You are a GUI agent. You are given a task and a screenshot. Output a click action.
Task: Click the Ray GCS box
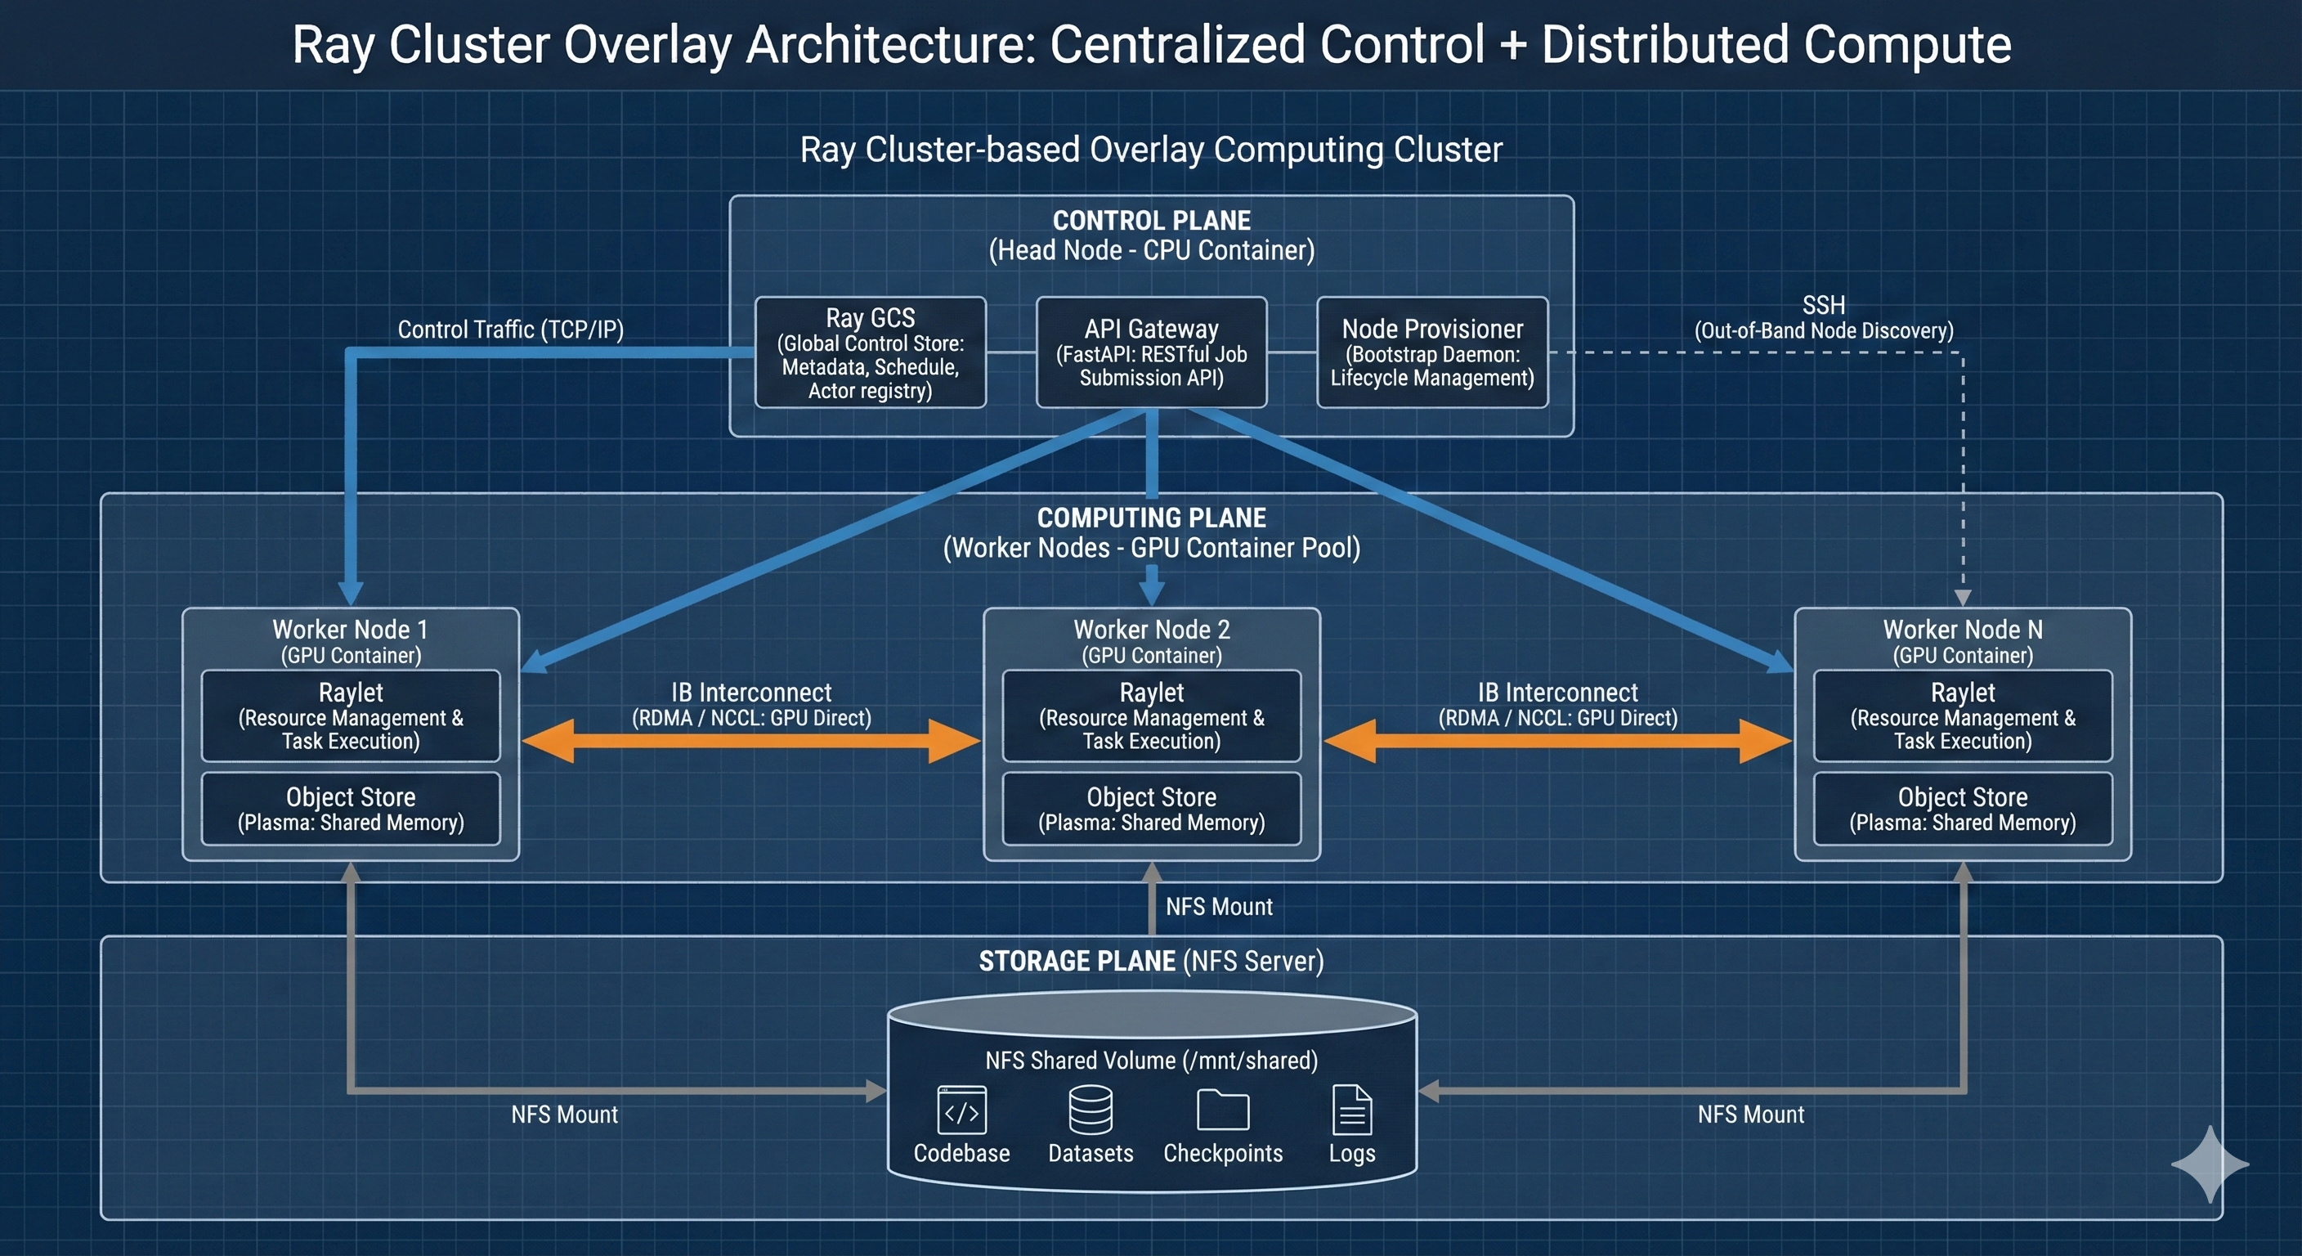click(x=871, y=352)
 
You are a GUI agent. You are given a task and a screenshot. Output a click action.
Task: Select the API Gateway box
click(x=1151, y=352)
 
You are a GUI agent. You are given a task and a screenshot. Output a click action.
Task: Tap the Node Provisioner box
click(x=1431, y=352)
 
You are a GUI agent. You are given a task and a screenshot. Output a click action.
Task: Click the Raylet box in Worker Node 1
click(x=351, y=715)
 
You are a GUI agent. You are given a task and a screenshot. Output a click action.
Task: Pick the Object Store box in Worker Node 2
click(x=1151, y=808)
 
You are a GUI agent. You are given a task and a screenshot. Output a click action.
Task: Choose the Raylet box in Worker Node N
click(x=1963, y=715)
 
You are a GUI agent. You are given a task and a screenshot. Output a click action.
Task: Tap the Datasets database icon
click(x=1091, y=1110)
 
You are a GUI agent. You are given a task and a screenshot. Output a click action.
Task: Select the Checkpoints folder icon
click(x=1222, y=1110)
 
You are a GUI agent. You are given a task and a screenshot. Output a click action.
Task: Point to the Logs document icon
click(x=1351, y=1110)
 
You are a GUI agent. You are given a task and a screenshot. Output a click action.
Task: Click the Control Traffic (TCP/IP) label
click(x=510, y=330)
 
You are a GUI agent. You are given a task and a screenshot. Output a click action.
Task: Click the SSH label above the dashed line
click(x=1824, y=306)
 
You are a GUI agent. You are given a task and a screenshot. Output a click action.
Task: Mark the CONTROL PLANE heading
click(x=1151, y=221)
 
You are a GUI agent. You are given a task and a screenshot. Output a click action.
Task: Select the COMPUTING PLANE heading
click(x=1151, y=518)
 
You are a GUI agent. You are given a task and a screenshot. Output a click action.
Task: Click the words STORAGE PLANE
click(x=1077, y=961)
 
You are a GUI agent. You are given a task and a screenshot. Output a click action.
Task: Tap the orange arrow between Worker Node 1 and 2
click(x=750, y=741)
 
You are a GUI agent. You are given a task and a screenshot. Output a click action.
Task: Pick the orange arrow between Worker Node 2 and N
click(x=1557, y=741)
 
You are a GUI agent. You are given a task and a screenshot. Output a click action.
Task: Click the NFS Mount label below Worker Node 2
click(x=1219, y=907)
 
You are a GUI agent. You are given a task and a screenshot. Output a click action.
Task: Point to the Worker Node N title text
click(x=1963, y=630)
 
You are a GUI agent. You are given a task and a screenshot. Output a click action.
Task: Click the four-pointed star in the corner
click(x=2209, y=1164)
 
